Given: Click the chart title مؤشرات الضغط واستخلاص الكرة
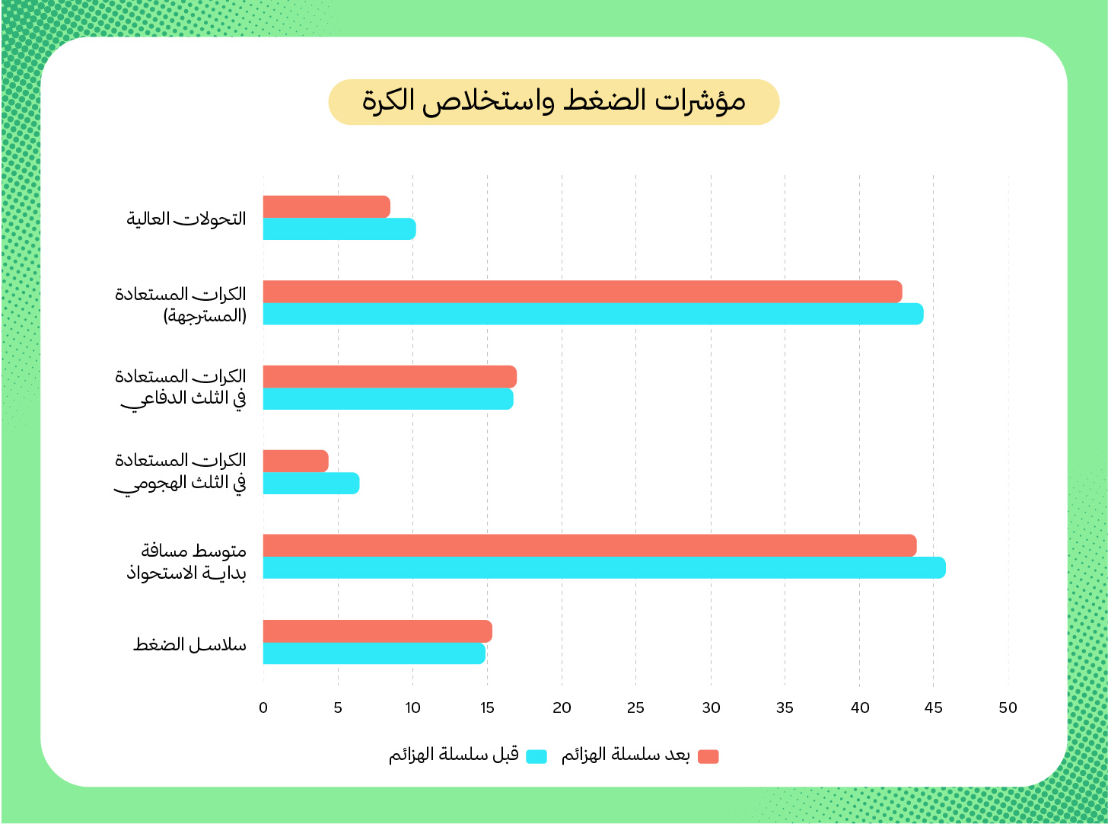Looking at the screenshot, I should click(x=553, y=102).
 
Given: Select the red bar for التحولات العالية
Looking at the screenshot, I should click(x=326, y=206).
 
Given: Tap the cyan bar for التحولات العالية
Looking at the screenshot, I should click(x=339, y=229).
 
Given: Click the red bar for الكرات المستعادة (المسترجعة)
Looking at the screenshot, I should click(x=582, y=292).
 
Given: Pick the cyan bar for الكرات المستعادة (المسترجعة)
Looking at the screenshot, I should click(x=593, y=314).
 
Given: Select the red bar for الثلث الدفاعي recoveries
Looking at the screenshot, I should click(x=390, y=376).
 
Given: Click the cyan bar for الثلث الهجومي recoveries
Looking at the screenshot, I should click(x=310, y=484).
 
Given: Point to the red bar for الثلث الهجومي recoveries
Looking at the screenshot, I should click(x=295, y=461).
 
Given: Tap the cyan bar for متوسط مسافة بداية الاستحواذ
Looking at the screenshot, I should click(x=604, y=568).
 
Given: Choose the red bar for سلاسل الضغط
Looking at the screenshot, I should click(x=377, y=631).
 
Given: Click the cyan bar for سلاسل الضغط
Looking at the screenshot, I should click(x=374, y=653).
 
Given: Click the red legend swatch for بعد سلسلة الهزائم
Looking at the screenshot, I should click(x=708, y=756).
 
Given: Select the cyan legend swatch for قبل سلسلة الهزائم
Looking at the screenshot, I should click(x=536, y=756).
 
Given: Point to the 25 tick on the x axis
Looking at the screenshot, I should click(x=636, y=708).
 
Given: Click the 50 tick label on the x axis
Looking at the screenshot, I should click(x=1008, y=708).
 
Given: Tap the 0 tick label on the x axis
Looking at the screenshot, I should click(x=263, y=708).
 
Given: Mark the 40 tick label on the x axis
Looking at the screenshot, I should click(x=860, y=708).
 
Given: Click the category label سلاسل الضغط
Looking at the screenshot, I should click(x=189, y=644).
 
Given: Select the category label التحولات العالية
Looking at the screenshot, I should click(x=186, y=219).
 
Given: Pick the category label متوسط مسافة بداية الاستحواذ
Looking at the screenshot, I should click(x=186, y=561).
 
